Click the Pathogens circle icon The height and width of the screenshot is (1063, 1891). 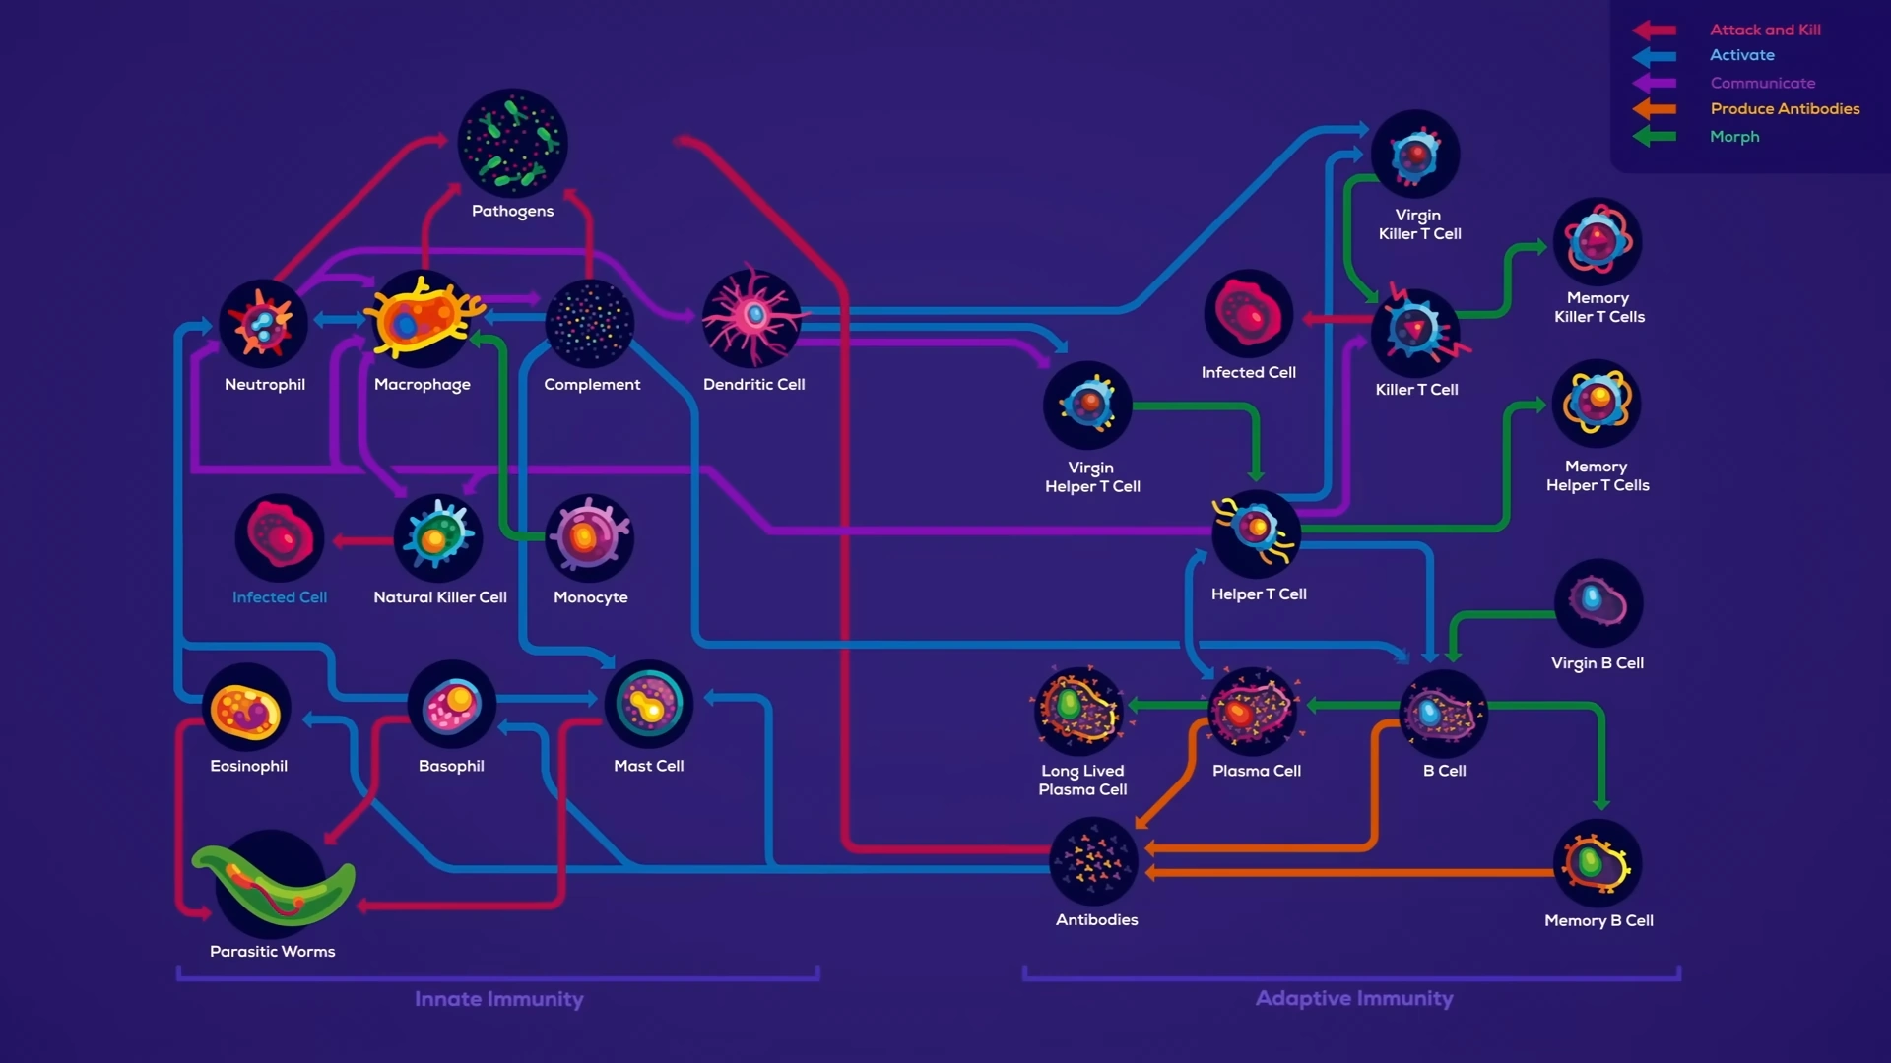[512, 144]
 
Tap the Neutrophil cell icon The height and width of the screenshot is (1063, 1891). [263, 324]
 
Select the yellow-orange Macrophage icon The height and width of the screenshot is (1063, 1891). [424, 318]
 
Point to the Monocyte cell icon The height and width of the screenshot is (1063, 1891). [589, 537]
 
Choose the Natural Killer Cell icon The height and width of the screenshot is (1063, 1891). [438, 537]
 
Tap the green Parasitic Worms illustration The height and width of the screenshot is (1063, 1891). [273, 883]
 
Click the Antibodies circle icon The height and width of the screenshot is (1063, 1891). [1094, 862]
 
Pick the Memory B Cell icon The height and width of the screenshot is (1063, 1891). [1598, 863]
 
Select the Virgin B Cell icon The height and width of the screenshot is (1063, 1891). [1598, 602]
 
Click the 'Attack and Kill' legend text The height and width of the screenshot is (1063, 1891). [1765, 30]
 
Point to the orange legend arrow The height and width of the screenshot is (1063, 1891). [1655, 109]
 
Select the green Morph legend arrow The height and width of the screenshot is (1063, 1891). [1655, 137]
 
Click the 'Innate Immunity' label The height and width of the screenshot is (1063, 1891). [498, 999]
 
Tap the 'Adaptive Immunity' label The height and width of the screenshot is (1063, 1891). [1354, 998]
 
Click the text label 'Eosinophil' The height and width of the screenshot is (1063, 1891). [248, 766]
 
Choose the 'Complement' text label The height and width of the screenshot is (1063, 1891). [592, 384]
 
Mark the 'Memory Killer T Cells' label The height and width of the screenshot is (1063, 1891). [1598, 307]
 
